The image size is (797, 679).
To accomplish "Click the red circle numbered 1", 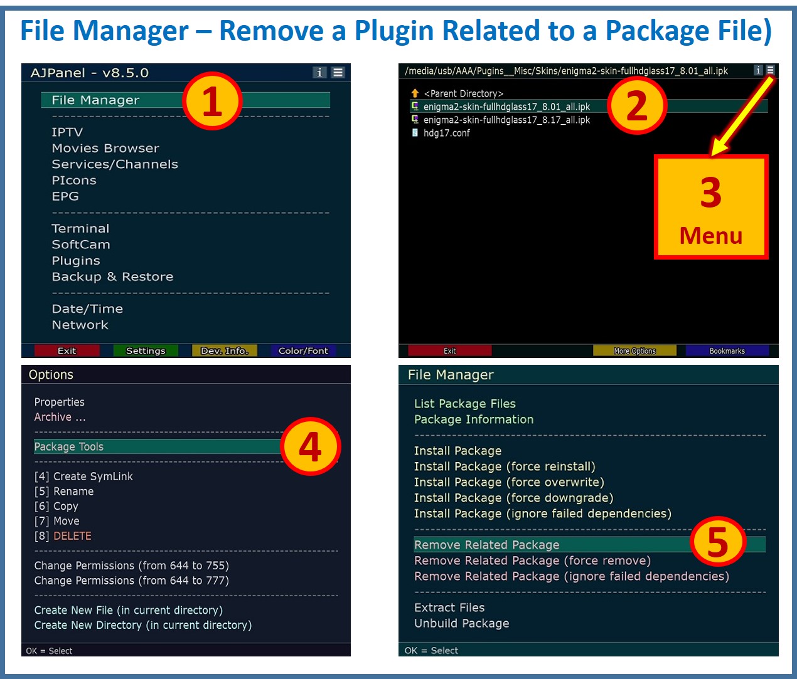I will [x=212, y=101].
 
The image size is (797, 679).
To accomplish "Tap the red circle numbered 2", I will [x=636, y=105].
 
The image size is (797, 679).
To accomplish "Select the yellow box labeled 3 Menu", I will [x=711, y=208].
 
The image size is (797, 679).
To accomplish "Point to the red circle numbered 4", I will [x=310, y=446].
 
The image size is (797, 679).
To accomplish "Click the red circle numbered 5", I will [x=717, y=541].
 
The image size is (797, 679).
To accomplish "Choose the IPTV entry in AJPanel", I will [x=67, y=132].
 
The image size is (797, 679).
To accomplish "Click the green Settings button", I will [x=146, y=350].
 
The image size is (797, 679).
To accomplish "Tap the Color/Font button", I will [x=303, y=350].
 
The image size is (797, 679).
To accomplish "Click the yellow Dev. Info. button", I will [x=224, y=350].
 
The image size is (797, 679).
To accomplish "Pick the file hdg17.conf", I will [x=446, y=133].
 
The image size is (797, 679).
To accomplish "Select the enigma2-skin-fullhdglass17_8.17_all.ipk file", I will [x=506, y=120].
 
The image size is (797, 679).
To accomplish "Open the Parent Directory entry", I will [x=463, y=93].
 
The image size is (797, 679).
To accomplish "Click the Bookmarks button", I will [x=727, y=350].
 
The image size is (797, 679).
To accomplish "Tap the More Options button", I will [x=634, y=350].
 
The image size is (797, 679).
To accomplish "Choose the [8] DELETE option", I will [x=63, y=536].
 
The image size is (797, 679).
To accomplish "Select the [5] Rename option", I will [x=64, y=492].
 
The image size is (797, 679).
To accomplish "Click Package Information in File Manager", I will [x=474, y=419].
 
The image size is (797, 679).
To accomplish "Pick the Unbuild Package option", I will [x=461, y=623].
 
